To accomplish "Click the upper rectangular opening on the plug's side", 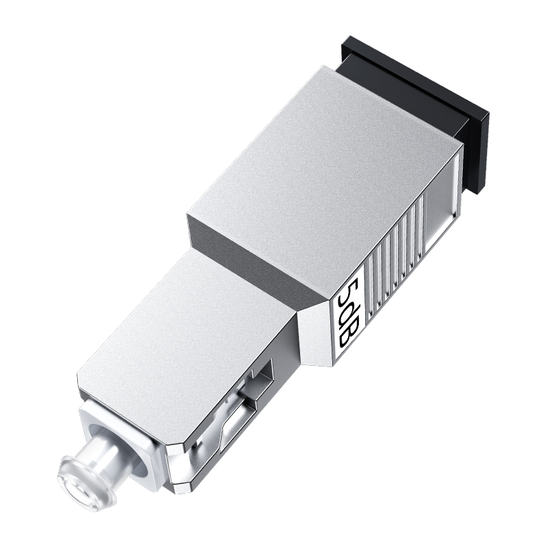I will click(x=263, y=373).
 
